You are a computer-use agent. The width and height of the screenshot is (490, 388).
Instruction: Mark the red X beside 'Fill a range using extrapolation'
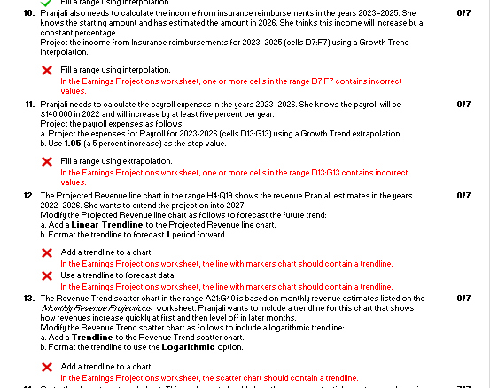click(46, 160)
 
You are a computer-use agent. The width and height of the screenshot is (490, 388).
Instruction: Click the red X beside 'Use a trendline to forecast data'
click(46, 275)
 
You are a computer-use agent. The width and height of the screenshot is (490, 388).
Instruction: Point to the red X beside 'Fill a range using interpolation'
click(46, 69)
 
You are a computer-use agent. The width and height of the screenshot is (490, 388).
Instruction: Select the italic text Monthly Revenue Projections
click(81, 308)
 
